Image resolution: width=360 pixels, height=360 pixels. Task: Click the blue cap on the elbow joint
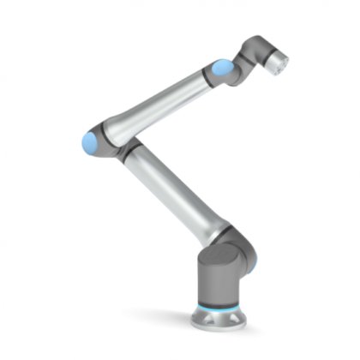coord(88,141)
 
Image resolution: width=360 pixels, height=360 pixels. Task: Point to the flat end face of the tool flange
coord(284,59)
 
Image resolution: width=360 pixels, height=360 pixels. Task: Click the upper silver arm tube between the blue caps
coord(159,101)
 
